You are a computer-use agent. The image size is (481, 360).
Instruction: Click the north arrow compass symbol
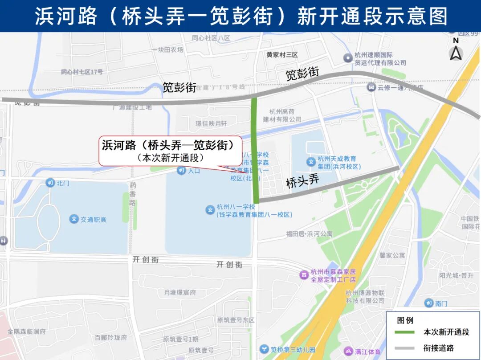(x=456, y=50)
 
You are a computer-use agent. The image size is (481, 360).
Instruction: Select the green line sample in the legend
(x=404, y=332)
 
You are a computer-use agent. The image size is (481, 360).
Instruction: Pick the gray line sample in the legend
(x=404, y=348)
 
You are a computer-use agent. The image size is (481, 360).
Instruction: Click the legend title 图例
(x=405, y=320)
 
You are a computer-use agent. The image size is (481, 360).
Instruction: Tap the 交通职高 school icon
(x=73, y=219)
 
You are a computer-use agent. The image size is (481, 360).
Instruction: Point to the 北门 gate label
(x=63, y=183)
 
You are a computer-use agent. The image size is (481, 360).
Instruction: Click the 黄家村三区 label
(x=282, y=55)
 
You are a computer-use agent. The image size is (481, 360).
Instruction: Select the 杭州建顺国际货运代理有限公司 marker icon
(x=348, y=58)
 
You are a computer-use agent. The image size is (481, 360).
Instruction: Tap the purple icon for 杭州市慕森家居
(x=304, y=275)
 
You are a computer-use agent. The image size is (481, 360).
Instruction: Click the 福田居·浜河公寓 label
(x=309, y=234)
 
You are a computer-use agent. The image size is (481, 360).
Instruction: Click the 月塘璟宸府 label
(x=180, y=293)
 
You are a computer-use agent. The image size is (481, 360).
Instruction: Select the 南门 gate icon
(x=428, y=303)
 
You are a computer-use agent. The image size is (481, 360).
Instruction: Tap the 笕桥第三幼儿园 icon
(x=264, y=350)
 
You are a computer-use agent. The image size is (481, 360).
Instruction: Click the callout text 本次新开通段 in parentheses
(x=171, y=158)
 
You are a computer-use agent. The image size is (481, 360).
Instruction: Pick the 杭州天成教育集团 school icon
(x=311, y=162)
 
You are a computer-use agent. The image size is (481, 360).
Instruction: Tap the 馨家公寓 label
(x=392, y=255)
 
